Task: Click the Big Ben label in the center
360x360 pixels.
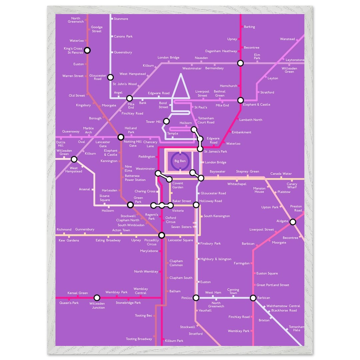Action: coord(180,161)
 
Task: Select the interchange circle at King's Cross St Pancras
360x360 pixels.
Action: coord(87,50)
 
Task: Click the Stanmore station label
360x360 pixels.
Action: coord(121,19)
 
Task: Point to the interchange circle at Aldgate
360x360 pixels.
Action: coord(293,222)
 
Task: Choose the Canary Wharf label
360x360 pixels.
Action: coord(292,186)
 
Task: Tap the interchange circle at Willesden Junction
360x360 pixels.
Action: coord(97,298)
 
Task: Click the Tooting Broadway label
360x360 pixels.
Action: coord(139,339)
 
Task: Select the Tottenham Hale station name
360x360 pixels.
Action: coord(296,328)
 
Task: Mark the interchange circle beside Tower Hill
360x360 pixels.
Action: coord(166,121)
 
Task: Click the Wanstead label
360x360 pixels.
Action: coord(287,39)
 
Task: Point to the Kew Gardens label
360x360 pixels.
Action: coord(69,240)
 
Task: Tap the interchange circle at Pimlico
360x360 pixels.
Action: coord(196,298)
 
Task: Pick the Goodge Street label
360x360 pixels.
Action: coord(97,29)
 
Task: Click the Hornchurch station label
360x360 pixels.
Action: coord(228,86)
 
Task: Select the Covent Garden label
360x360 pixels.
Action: coord(178,185)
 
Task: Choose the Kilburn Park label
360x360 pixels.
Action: coord(174,341)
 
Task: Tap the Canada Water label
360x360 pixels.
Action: coord(281,174)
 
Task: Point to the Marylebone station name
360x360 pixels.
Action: coord(149,251)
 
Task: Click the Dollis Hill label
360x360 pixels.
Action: coord(61,144)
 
